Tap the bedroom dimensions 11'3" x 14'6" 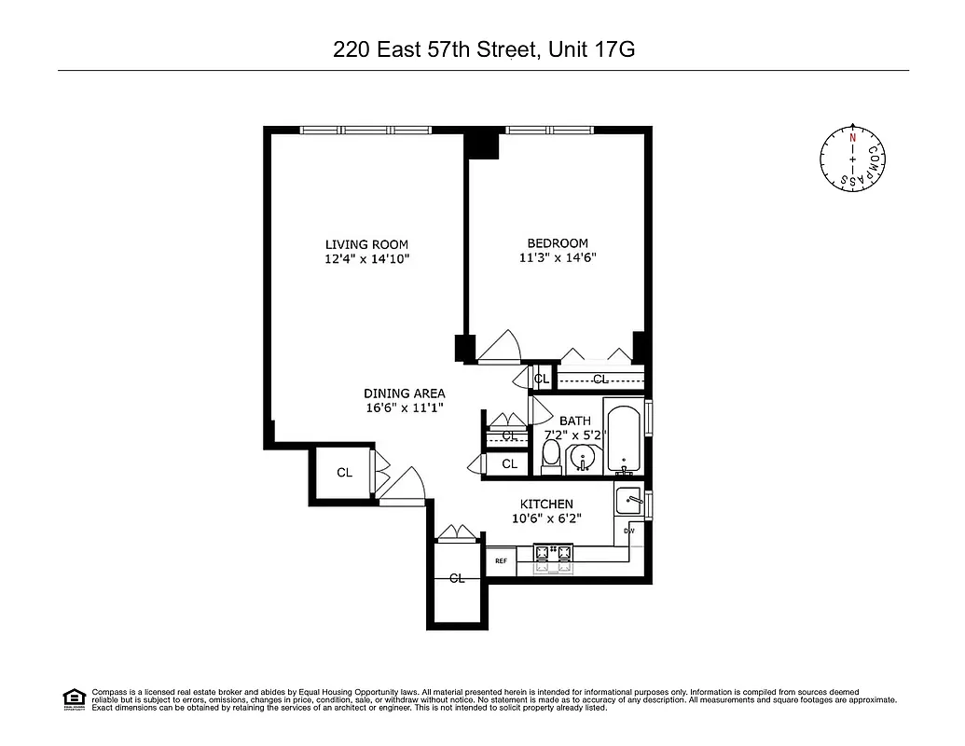tap(557, 258)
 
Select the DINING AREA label tap(404, 393)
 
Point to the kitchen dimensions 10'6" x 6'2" tap(546, 518)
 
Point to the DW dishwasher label tap(629, 532)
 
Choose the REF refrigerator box tap(501, 561)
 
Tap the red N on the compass tap(852, 137)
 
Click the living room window tap(365, 131)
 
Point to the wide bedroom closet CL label tap(600, 379)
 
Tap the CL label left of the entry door tap(344, 473)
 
